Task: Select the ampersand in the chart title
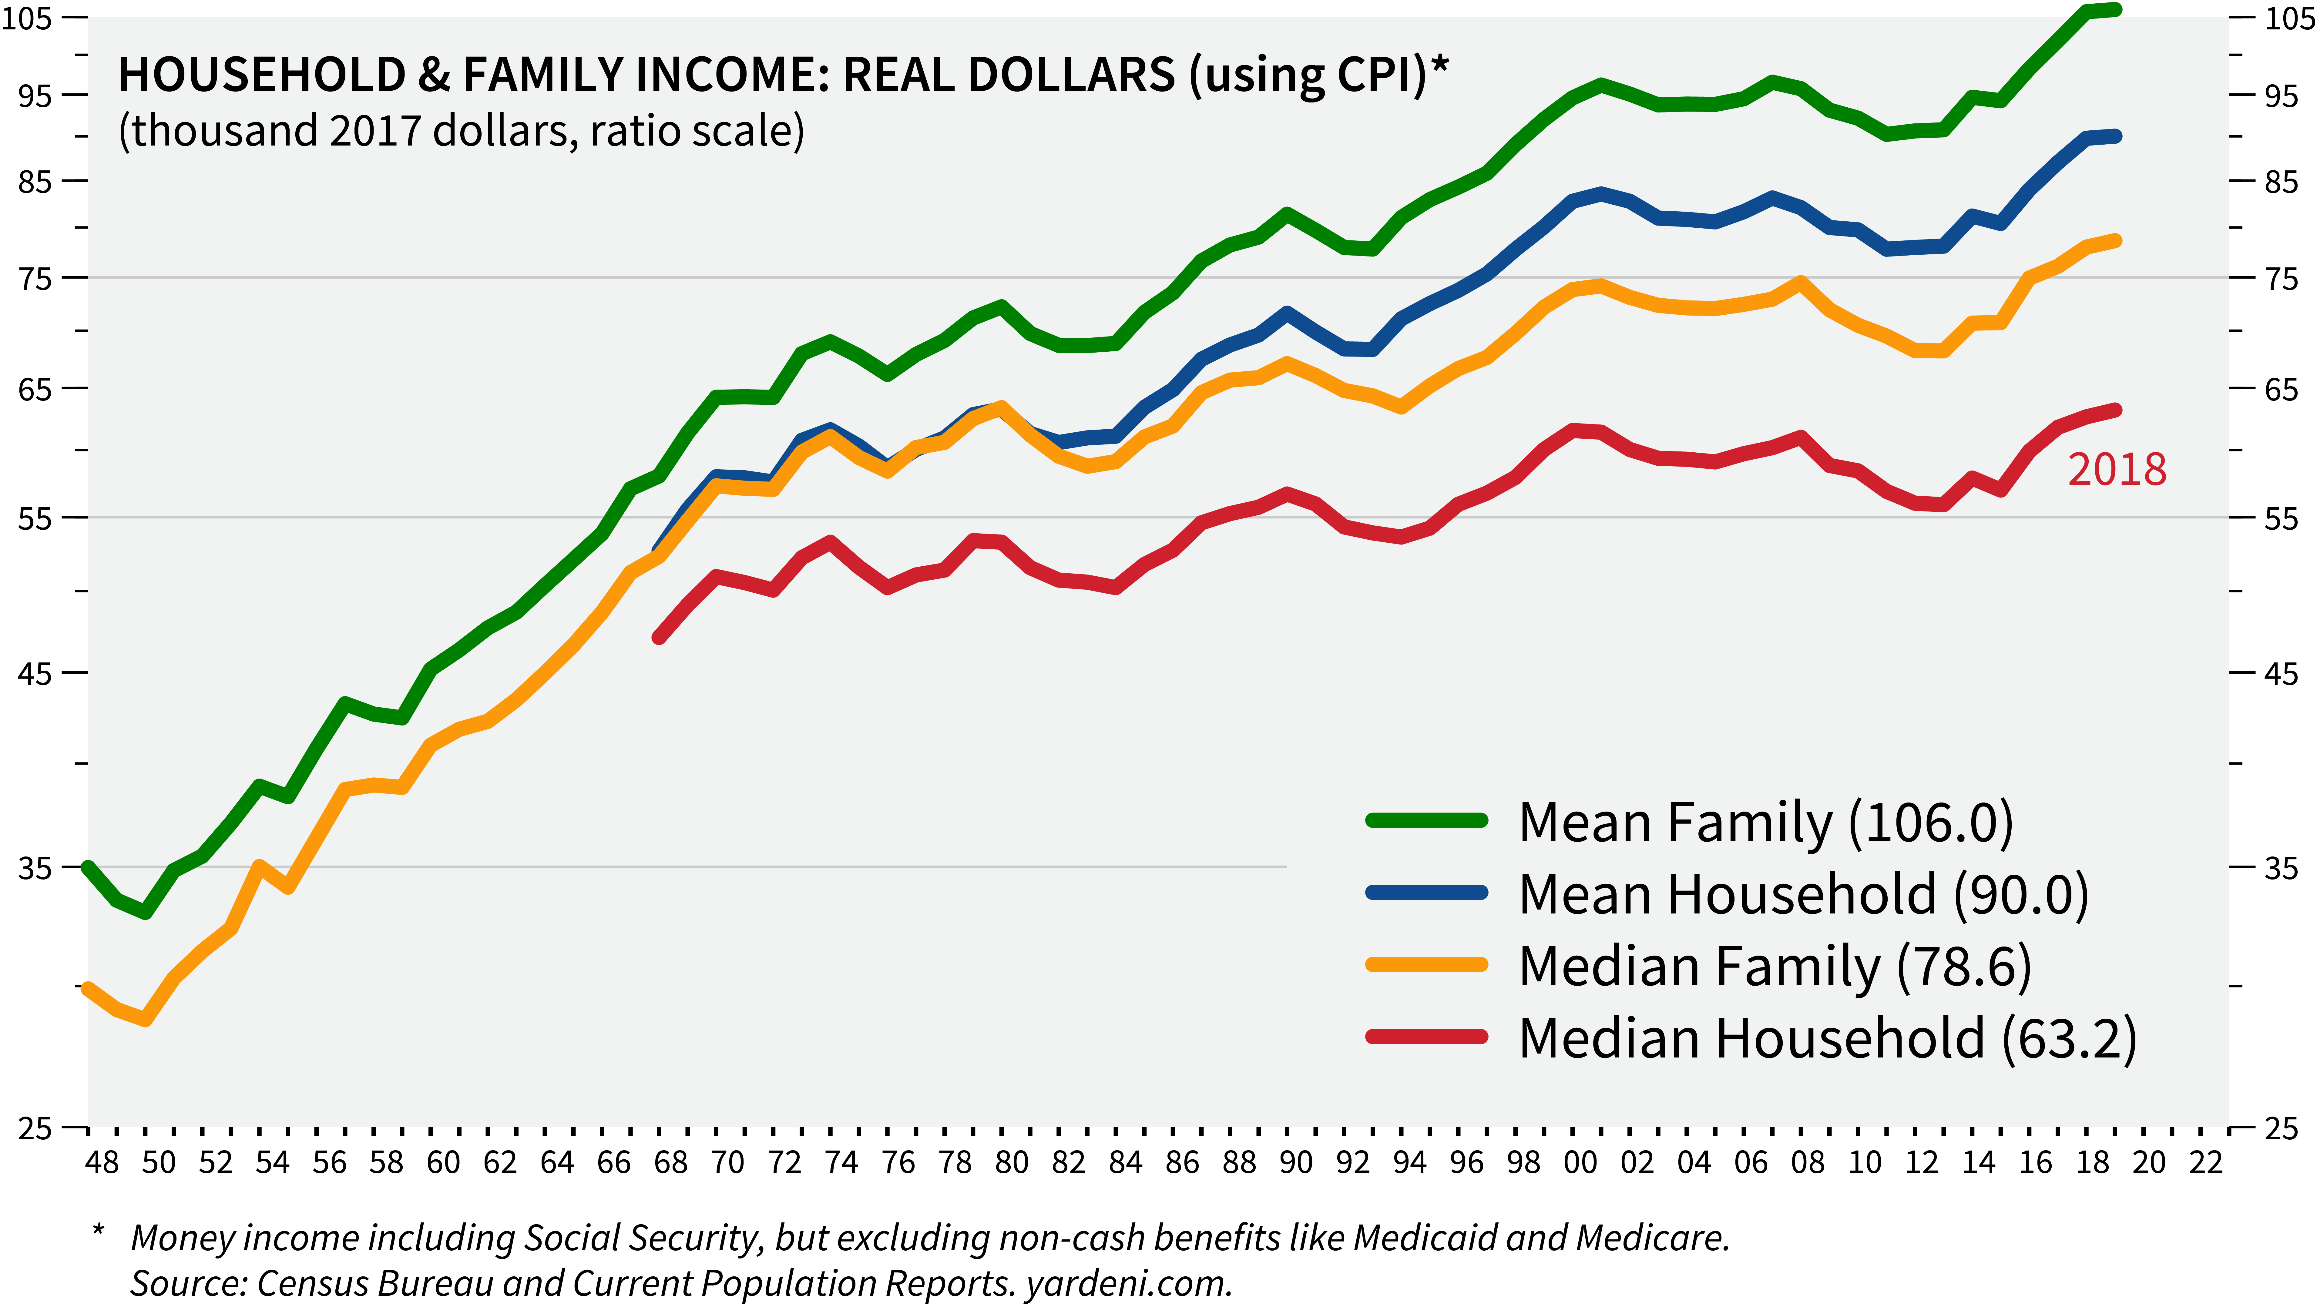[434, 75]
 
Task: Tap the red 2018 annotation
[2117, 470]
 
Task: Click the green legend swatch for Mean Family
[1425, 819]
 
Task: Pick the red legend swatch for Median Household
[1425, 1036]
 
